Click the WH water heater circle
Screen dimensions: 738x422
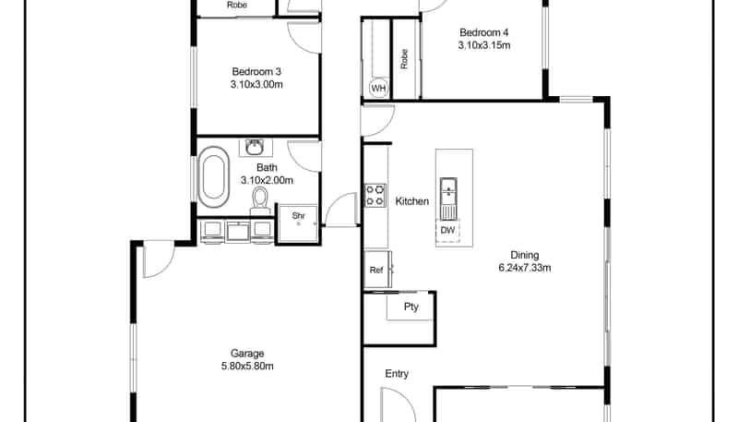tap(378, 88)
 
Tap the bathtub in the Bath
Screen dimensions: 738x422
tap(213, 177)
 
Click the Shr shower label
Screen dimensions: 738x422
tap(298, 216)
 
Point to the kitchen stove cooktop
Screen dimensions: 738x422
tap(375, 196)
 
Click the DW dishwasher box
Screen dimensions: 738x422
tap(447, 230)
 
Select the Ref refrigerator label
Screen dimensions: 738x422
tap(376, 271)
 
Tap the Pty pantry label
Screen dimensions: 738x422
tap(411, 307)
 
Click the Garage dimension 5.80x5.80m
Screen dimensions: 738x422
tap(247, 366)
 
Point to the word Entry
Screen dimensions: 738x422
tap(397, 373)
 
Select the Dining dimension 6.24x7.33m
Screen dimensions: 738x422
tap(524, 268)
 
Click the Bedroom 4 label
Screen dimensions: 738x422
tap(483, 32)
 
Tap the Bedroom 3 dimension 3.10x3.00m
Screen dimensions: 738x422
tap(256, 85)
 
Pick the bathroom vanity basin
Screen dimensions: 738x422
tap(256, 148)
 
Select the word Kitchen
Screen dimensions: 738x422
tap(411, 201)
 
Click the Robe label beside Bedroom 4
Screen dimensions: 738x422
tap(404, 59)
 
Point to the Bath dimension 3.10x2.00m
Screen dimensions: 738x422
tap(267, 180)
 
